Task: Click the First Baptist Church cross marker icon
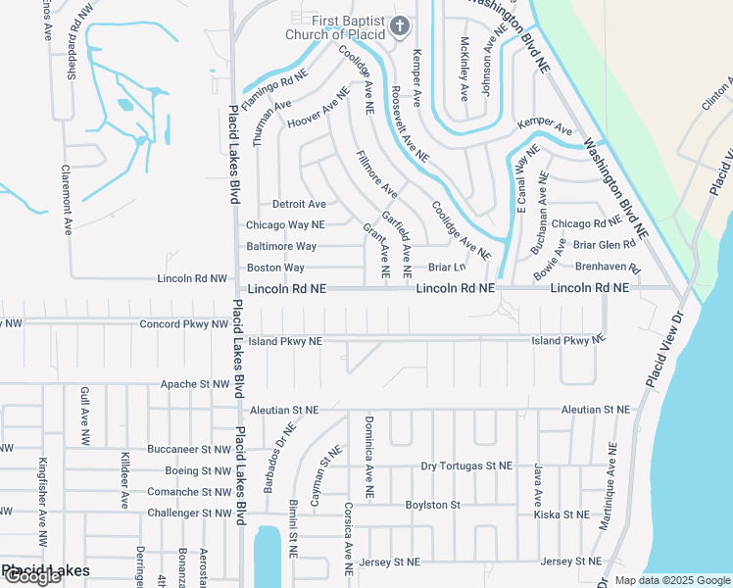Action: point(400,27)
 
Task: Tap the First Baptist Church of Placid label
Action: point(350,28)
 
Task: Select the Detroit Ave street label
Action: point(299,204)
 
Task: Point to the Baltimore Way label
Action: point(281,246)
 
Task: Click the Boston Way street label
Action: point(275,268)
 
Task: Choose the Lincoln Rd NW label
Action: point(192,279)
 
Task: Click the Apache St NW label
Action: point(194,385)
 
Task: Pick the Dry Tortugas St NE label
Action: point(466,466)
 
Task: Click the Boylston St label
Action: point(432,505)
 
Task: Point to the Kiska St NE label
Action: point(562,514)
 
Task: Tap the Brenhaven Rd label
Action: point(608,267)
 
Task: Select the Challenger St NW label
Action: point(188,514)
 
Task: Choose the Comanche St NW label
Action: point(189,492)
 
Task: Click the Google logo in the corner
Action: point(31,576)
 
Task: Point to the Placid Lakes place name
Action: point(45,570)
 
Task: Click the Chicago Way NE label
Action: point(285,225)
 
